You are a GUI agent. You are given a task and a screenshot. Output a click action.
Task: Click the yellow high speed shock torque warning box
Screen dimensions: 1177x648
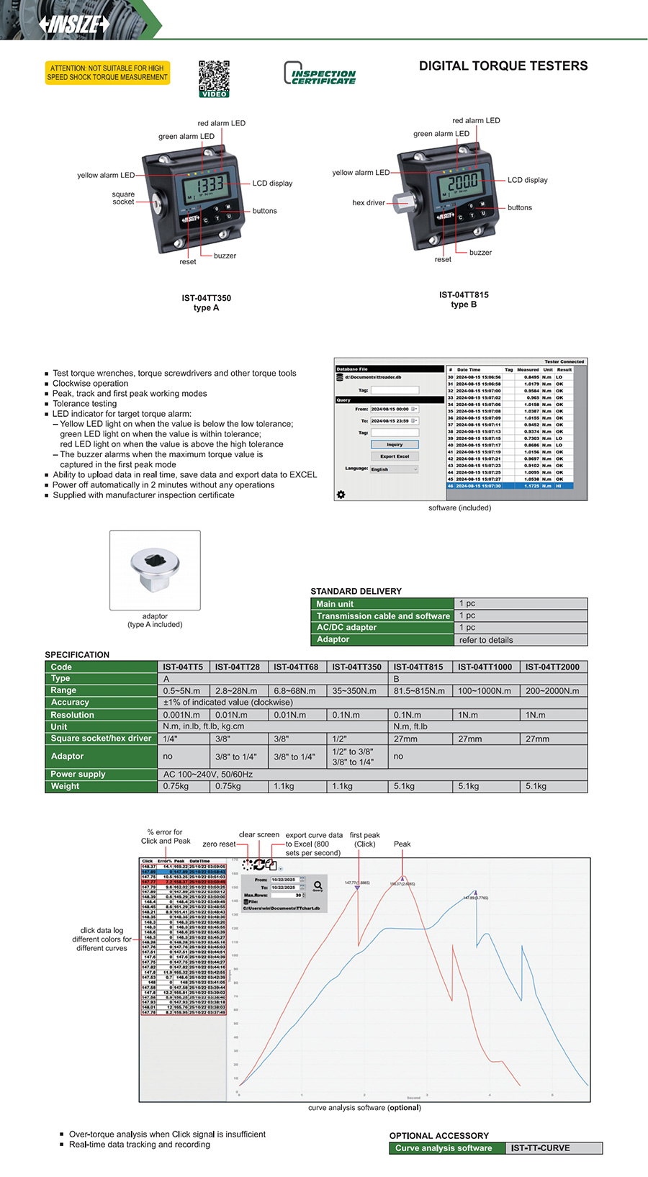pyautogui.click(x=107, y=73)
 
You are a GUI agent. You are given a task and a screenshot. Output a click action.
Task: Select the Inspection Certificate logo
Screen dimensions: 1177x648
pyautogui.click(x=320, y=74)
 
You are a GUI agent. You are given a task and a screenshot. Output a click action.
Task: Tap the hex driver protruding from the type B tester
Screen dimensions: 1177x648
pyautogui.click(x=402, y=202)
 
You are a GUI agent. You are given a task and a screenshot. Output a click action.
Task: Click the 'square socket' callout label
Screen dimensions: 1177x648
pyautogui.click(x=123, y=198)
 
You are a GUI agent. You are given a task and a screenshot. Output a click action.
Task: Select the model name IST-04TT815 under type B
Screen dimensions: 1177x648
pyautogui.click(x=464, y=295)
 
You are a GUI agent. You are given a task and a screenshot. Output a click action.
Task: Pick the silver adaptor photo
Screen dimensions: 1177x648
pyautogui.click(x=155, y=568)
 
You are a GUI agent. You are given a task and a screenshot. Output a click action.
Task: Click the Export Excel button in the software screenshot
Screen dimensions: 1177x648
pyautogui.click(x=395, y=456)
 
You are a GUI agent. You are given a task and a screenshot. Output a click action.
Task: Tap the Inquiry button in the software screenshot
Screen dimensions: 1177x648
pyautogui.click(x=395, y=444)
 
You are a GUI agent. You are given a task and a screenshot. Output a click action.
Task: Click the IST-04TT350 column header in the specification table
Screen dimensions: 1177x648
pyautogui.click(x=356, y=667)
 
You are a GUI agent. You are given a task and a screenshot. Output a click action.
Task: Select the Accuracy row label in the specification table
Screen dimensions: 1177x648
pyautogui.click(x=70, y=703)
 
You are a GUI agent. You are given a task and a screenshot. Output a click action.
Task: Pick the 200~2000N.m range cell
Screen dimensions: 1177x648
pyautogui.click(x=554, y=691)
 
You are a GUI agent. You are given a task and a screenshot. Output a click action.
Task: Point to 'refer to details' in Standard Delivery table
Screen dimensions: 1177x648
pyautogui.click(x=486, y=640)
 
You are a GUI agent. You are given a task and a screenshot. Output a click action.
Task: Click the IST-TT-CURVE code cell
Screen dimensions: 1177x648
pyautogui.click(x=541, y=1148)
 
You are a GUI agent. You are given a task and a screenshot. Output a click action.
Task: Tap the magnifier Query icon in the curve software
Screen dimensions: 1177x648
pyautogui.click(x=318, y=885)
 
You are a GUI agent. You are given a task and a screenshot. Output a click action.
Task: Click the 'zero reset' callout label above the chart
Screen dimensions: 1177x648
pyautogui.click(x=219, y=844)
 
